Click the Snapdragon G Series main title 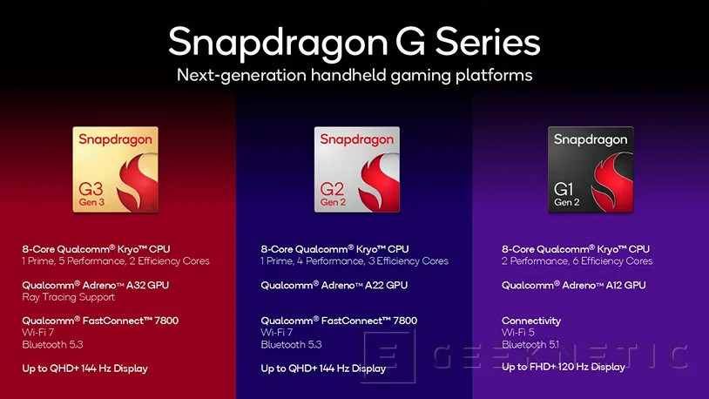(x=354, y=42)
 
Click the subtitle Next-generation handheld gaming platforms (x=354, y=76)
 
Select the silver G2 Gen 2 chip (x=356, y=169)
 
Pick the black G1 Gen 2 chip (x=590, y=169)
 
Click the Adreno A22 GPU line (x=334, y=285)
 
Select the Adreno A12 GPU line (x=574, y=285)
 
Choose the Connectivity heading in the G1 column (x=531, y=321)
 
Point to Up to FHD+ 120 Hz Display (x=564, y=367)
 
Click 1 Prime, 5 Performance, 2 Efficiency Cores (x=116, y=261)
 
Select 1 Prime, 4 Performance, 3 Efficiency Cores (x=354, y=261)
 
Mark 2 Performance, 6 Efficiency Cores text (x=577, y=261)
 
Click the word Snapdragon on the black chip (x=590, y=139)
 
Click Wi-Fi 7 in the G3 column (x=37, y=333)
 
